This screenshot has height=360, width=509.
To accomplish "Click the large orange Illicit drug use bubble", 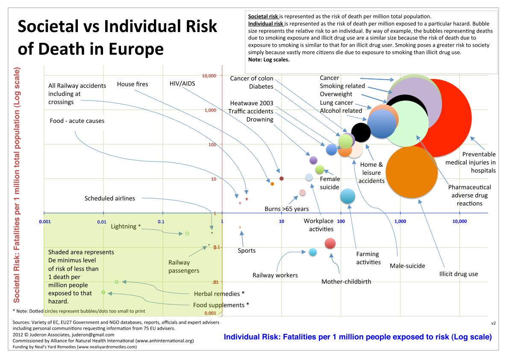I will click(412, 172).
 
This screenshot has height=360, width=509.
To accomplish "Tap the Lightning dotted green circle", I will click(187, 233).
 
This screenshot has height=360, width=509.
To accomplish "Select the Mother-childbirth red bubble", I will click(330, 243).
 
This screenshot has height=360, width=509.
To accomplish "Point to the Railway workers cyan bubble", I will click(313, 252).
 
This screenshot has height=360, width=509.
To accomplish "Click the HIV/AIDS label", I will click(182, 84).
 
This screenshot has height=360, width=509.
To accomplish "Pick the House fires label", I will click(132, 84).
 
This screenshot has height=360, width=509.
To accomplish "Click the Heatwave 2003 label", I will click(251, 103).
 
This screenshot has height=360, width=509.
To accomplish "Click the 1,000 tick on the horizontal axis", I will click(400, 221).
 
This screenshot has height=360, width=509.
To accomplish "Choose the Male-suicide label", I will click(407, 266).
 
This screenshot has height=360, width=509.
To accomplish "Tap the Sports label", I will click(247, 251).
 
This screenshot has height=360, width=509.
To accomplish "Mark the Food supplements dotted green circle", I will click(103, 292).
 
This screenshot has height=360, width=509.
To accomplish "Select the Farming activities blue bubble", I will click(347, 196).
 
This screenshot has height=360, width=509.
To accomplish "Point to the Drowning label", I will click(260, 119).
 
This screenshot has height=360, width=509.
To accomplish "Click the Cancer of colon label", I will click(251, 78).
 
